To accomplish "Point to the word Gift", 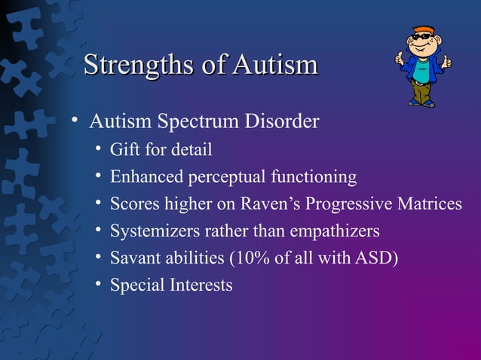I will coord(125,150).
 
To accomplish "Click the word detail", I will coord(191,150).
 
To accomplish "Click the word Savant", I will coord(133,258).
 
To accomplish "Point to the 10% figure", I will coord(253,258).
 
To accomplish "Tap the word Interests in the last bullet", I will coord(200,285).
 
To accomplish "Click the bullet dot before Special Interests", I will coord(99,285).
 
